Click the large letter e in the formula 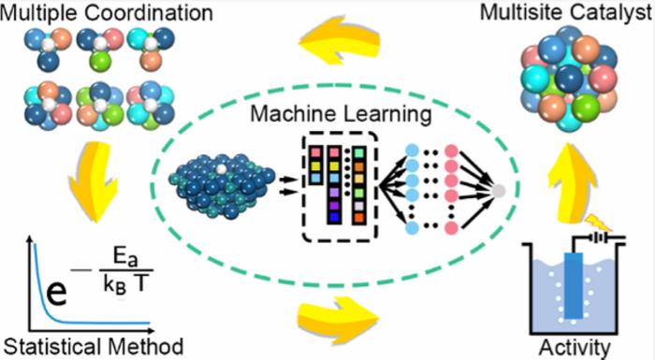pyautogui.click(x=58, y=291)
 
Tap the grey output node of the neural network pyautogui.click(x=499, y=192)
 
